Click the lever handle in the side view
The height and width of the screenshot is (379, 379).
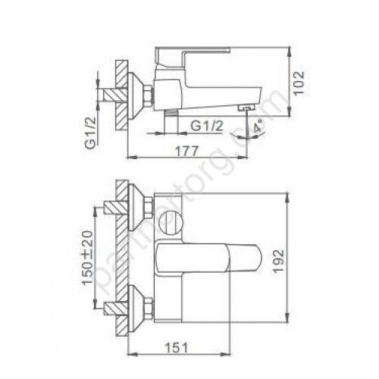click(193, 54)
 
